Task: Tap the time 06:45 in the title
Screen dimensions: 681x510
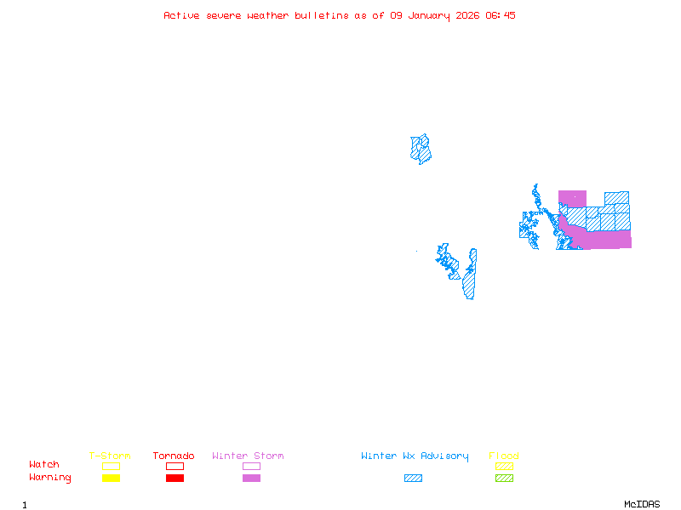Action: click(x=501, y=15)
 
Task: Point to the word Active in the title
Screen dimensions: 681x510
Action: click(x=181, y=15)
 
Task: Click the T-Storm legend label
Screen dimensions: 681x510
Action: click(x=110, y=456)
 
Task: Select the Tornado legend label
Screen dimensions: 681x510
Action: click(x=174, y=456)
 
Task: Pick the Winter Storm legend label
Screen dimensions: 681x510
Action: click(x=248, y=456)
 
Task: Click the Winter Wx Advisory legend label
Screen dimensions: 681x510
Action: click(x=415, y=456)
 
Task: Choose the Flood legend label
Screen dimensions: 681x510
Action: click(x=504, y=456)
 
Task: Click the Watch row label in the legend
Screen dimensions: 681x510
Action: click(x=44, y=465)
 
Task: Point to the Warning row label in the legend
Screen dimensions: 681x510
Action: click(x=50, y=478)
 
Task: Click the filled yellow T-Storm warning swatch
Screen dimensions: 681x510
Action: click(x=111, y=479)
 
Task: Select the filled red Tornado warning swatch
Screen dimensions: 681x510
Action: click(x=175, y=479)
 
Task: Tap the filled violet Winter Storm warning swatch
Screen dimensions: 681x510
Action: click(x=251, y=479)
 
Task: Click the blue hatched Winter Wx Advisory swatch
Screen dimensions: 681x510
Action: click(x=413, y=479)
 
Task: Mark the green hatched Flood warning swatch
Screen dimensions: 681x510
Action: click(x=504, y=479)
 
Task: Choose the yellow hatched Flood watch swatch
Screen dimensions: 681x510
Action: click(x=504, y=466)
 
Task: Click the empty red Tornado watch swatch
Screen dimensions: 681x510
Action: click(x=175, y=466)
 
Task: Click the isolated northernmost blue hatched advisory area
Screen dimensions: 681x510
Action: click(x=421, y=149)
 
